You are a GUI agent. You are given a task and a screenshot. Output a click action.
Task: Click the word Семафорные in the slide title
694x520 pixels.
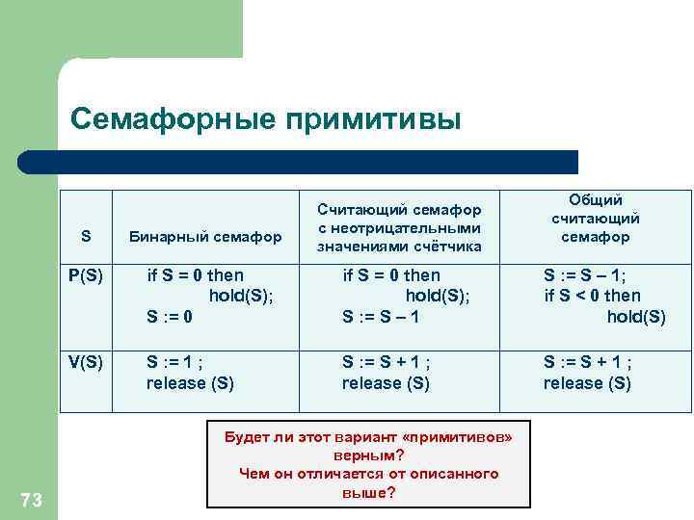[x=173, y=119]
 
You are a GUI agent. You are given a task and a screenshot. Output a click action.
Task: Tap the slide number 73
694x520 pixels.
[x=31, y=498]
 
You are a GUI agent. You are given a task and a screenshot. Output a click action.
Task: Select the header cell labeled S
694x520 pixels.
[x=86, y=236]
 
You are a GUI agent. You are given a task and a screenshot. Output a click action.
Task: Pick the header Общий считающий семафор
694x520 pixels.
[x=595, y=218]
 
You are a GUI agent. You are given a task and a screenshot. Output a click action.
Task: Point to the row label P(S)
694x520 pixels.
[x=86, y=275]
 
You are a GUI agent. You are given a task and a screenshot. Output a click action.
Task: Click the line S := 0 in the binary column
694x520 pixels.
[x=170, y=316]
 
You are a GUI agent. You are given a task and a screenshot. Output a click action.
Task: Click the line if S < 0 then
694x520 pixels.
[x=592, y=296]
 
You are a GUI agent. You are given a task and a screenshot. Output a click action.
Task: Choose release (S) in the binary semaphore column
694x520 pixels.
[x=190, y=383]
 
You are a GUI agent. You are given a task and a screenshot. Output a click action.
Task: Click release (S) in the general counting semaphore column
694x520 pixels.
[x=587, y=383]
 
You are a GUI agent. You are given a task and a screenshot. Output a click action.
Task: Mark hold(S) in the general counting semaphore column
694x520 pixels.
[x=635, y=316]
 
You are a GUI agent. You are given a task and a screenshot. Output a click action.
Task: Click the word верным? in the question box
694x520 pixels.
[x=368, y=455]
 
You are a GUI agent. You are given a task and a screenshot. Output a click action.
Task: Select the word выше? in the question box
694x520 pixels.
[x=368, y=492]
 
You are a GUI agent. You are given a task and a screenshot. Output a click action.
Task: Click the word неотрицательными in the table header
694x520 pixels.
[x=398, y=227]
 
